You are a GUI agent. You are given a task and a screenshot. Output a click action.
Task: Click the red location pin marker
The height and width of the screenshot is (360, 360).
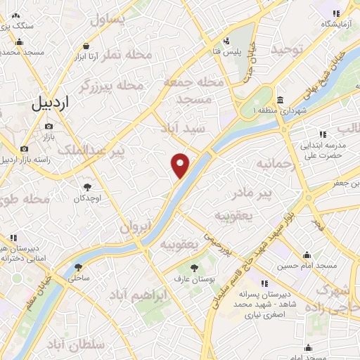181,164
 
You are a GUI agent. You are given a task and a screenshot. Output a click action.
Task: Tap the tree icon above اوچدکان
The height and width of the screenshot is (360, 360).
87,187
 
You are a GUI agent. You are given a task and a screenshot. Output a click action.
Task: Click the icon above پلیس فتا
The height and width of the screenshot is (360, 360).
227,41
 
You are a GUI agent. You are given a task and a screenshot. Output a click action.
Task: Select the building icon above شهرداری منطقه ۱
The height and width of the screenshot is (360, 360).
280,100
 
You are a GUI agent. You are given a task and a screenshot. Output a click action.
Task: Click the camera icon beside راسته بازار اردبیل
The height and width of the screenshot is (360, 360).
25,148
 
